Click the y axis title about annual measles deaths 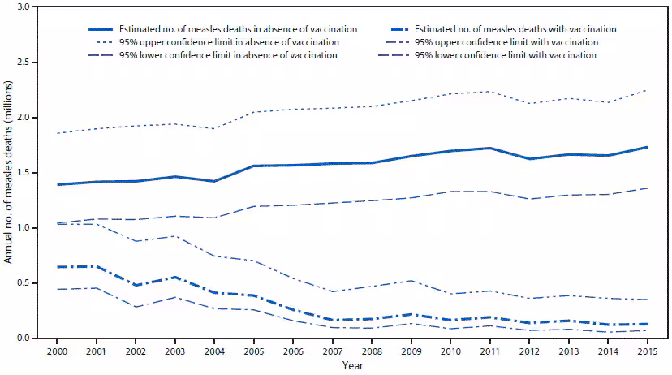coord(10,172)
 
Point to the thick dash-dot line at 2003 coord(175,278)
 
